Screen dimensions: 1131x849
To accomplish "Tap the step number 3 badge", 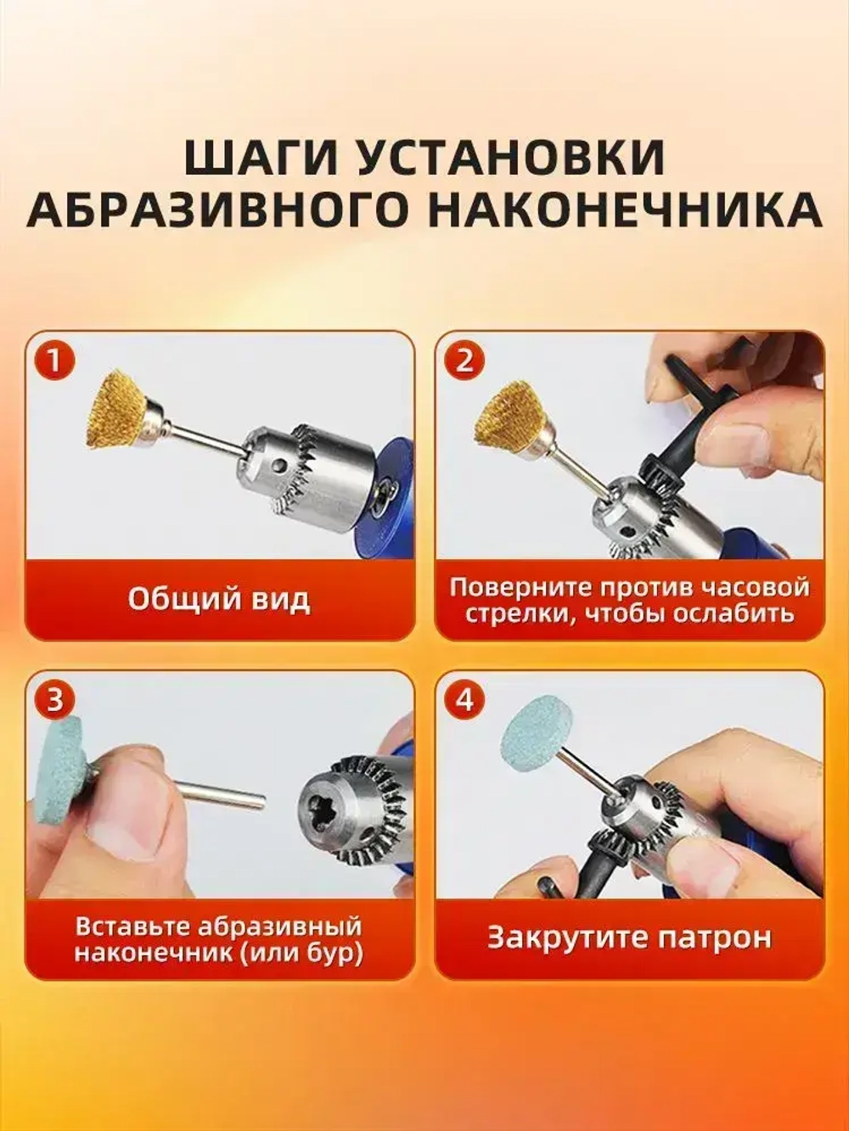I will (x=53, y=700).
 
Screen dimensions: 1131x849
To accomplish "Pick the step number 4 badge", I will (x=464, y=700).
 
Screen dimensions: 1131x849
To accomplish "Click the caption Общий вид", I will (x=219, y=599).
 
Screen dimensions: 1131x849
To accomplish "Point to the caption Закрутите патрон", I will (x=629, y=938).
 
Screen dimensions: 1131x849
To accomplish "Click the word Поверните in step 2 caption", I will (x=517, y=587).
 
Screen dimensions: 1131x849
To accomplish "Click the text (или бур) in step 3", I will (x=301, y=952).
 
